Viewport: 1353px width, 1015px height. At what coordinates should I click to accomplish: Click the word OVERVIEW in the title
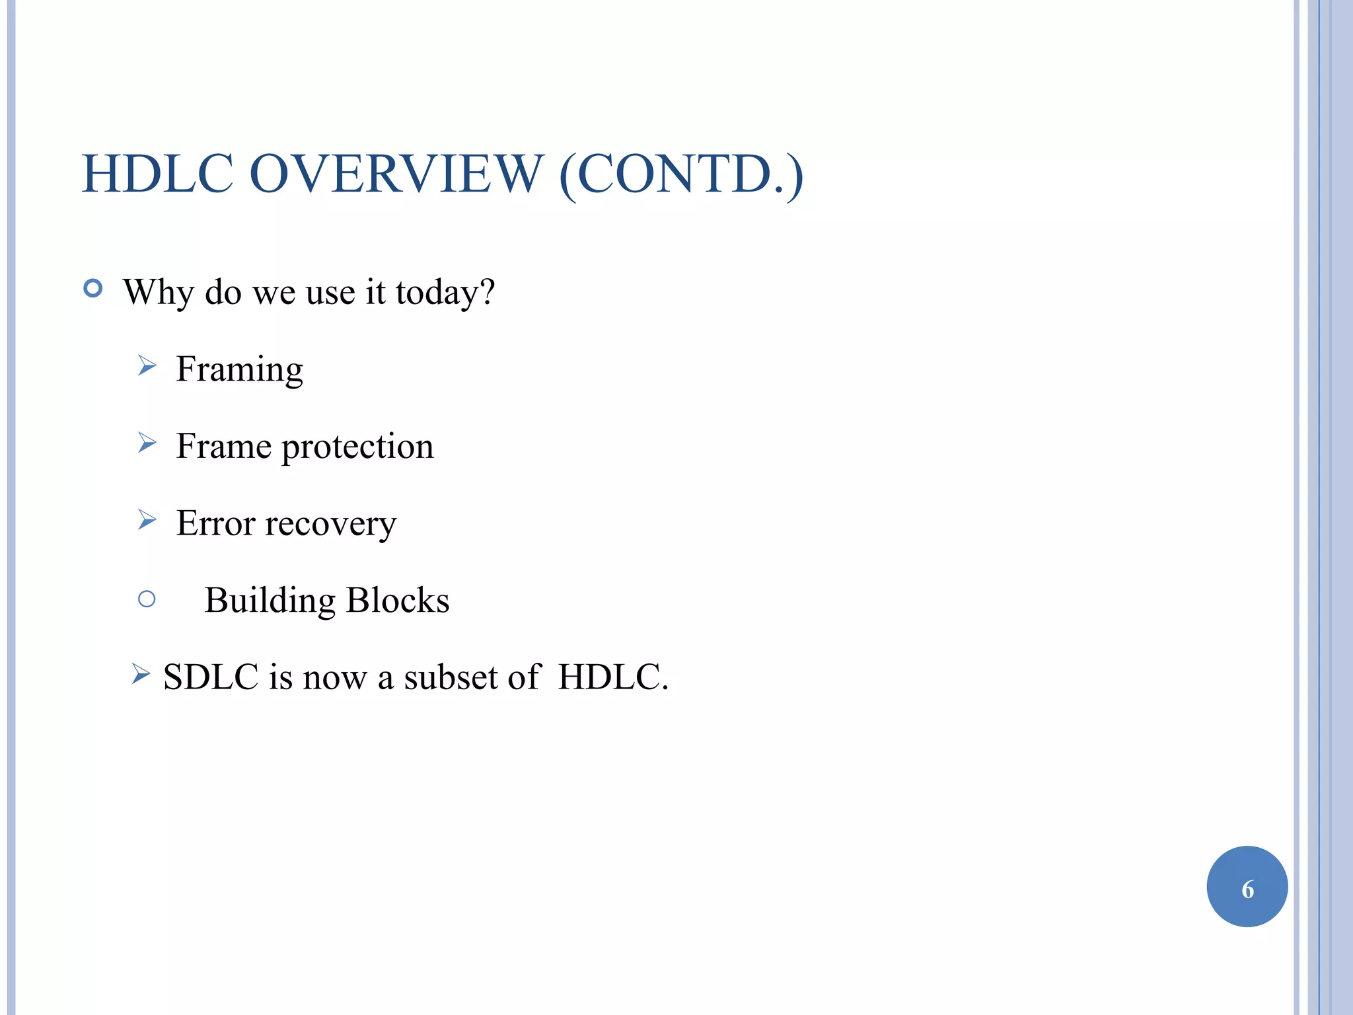pos(396,174)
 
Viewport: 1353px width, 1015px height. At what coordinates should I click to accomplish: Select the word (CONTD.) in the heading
pos(681,175)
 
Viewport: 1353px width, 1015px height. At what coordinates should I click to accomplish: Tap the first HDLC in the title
pos(157,174)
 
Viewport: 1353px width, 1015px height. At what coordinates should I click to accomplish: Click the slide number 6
pos(1247,889)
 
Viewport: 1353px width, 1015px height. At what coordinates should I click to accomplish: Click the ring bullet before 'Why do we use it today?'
pos(93,289)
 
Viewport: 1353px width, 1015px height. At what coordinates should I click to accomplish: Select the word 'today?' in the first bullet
pos(445,293)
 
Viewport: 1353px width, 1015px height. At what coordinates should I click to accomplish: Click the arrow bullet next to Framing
pos(147,365)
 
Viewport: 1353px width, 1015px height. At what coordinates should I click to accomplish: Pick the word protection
pos(357,447)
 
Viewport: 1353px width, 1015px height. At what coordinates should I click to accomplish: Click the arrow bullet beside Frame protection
pos(147,442)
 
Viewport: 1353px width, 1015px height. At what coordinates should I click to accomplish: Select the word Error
pos(215,523)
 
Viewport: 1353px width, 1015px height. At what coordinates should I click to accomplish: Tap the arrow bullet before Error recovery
pos(147,519)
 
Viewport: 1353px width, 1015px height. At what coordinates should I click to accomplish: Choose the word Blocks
pos(398,600)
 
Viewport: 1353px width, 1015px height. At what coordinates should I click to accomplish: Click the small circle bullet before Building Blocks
pos(147,599)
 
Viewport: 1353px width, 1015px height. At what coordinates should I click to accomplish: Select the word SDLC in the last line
pos(211,677)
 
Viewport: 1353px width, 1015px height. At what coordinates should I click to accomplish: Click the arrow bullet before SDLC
pos(141,673)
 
